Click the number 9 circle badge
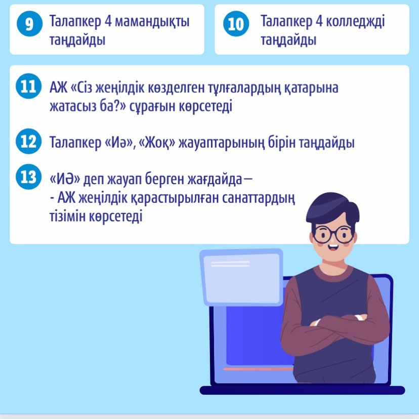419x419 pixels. [29, 23]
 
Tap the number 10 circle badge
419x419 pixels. [236, 23]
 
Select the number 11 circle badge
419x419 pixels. [29, 86]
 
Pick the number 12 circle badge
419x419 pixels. [29, 141]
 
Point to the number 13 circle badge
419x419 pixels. [29, 177]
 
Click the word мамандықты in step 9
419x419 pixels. [152, 21]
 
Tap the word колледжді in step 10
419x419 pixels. [355, 21]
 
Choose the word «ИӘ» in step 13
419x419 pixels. [65, 179]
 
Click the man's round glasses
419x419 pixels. [333, 235]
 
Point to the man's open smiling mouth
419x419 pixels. [332, 247]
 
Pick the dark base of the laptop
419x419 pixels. [302, 390]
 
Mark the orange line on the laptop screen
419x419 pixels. [259, 369]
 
